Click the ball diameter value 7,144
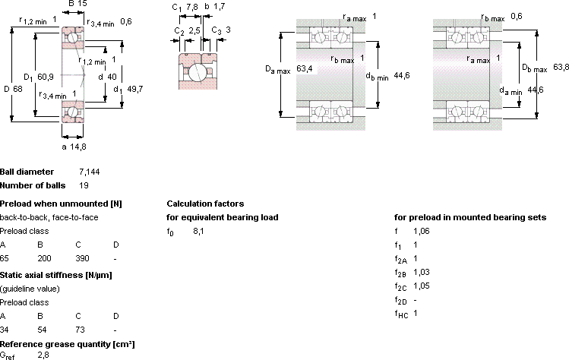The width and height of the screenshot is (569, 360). [x=90, y=172]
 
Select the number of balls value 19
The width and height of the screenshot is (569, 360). [x=84, y=185]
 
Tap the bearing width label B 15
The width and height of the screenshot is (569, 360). [x=77, y=4]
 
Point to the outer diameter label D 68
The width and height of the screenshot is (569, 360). [x=13, y=89]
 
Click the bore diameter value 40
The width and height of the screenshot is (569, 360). [x=112, y=77]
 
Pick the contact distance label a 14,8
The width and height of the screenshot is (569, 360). [x=74, y=147]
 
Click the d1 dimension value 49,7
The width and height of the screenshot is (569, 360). [x=135, y=89]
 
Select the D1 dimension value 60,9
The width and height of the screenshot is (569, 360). [x=46, y=77]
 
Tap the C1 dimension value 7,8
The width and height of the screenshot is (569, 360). [x=191, y=7]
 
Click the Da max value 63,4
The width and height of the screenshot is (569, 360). [x=304, y=68]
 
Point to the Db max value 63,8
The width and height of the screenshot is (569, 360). [x=561, y=67]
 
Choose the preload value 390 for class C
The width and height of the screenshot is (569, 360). [x=82, y=258]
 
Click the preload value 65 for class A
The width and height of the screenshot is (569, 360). [x=5, y=258]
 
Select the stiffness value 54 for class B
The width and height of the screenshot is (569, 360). [x=42, y=330]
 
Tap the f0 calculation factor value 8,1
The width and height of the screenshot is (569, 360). [x=198, y=231]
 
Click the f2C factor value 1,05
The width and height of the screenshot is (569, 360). [x=422, y=286]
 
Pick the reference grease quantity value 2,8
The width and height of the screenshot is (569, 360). [x=43, y=355]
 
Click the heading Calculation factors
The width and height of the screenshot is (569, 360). [x=205, y=204]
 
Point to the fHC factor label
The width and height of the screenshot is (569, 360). [x=401, y=314]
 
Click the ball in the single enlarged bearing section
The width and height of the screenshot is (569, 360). [x=197, y=72]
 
